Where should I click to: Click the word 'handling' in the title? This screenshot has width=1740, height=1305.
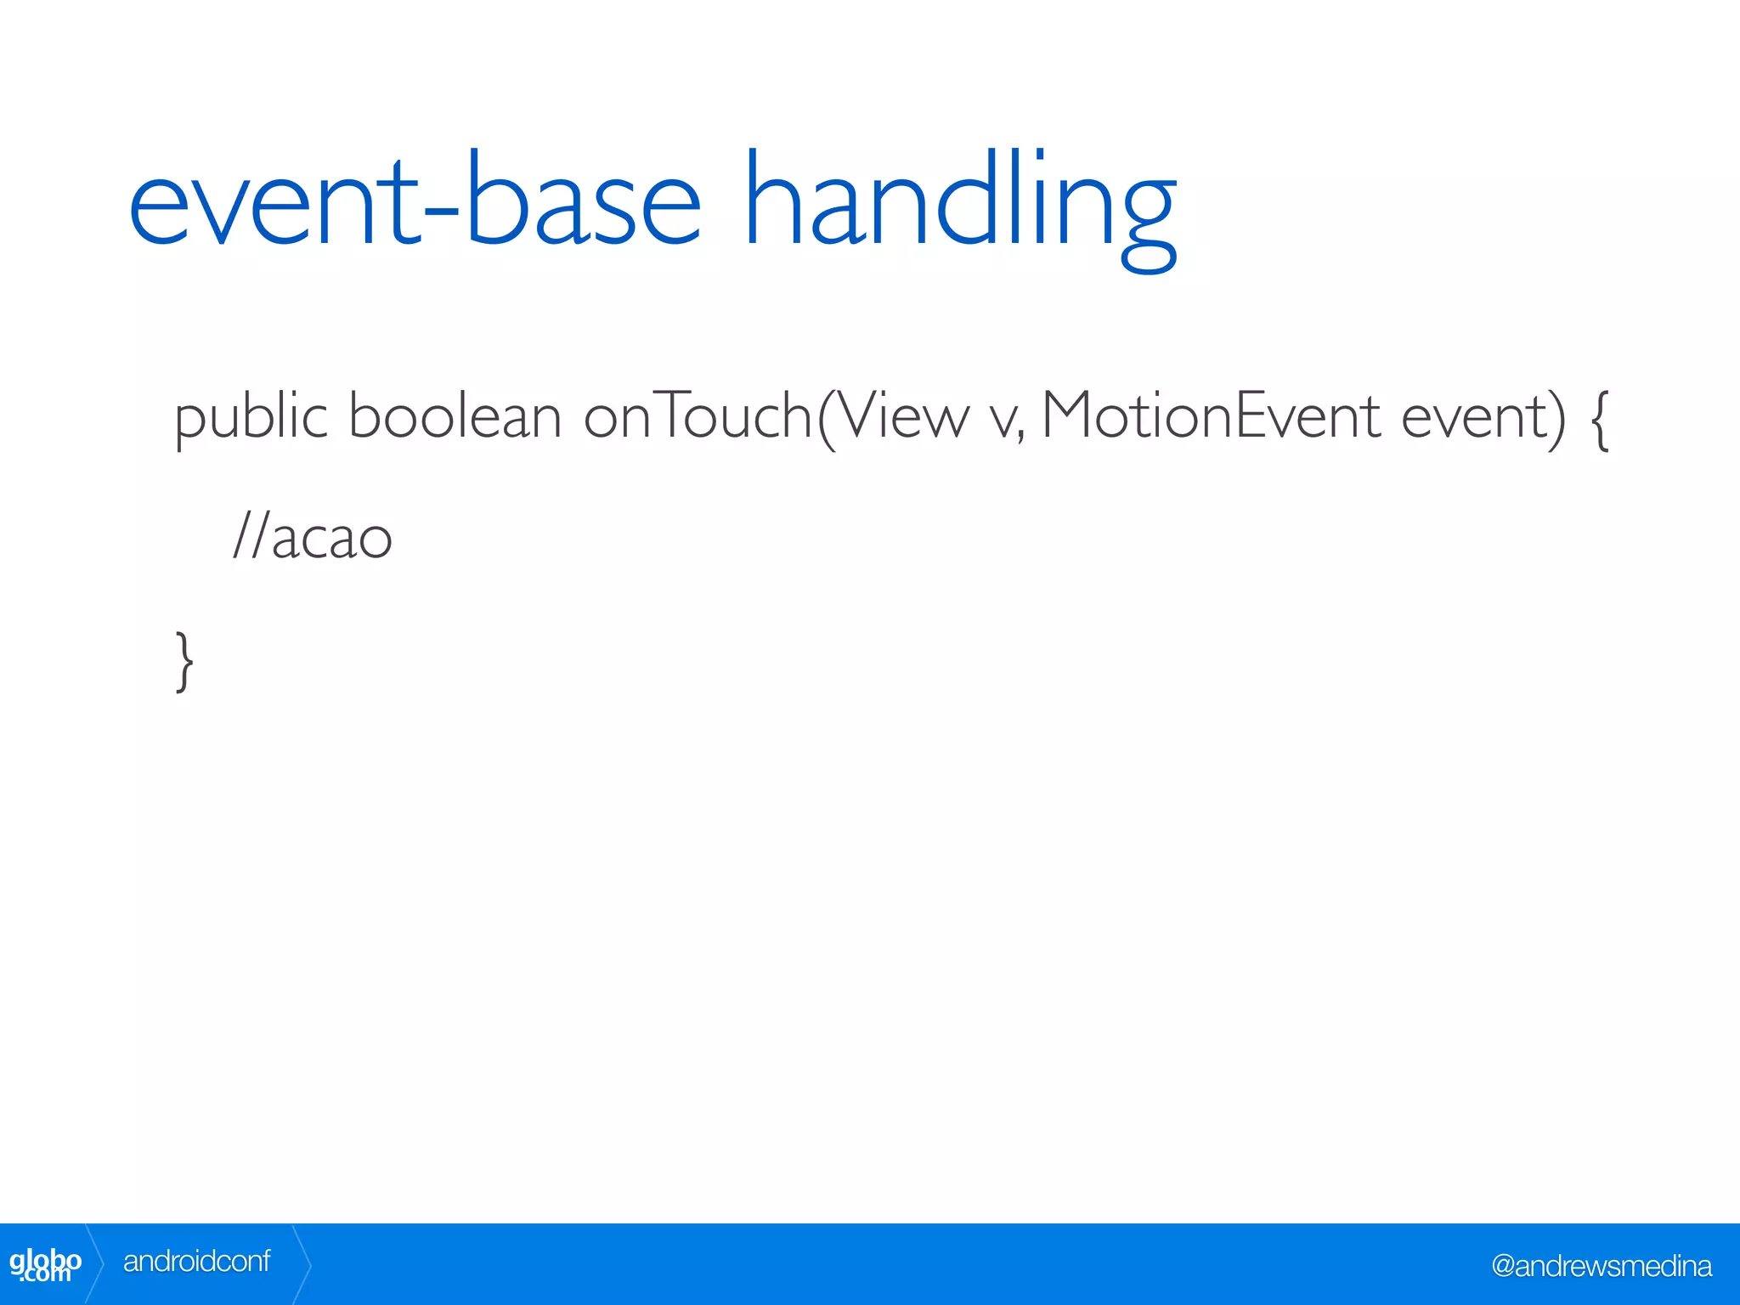960,204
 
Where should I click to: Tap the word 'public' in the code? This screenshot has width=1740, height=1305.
251,418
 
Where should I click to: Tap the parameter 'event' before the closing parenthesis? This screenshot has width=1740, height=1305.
1474,418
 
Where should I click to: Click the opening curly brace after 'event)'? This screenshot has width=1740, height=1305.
1598,421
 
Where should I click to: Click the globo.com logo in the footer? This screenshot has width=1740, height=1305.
45,1264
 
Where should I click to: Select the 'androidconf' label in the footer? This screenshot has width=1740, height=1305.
196,1262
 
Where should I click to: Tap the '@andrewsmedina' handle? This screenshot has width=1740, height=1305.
1601,1266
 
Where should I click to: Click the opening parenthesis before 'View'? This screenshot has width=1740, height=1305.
826,418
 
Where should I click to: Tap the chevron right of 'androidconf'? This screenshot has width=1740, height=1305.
302,1264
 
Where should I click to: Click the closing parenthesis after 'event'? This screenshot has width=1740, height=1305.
1556,418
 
